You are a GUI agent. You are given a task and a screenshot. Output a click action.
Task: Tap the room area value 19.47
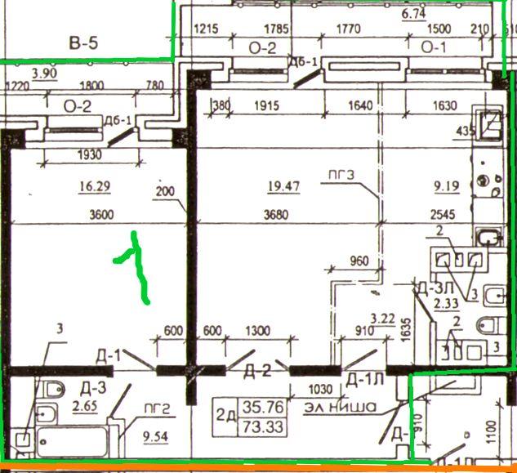pos(283,186)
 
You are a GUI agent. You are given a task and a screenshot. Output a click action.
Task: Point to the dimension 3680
pos(282,216)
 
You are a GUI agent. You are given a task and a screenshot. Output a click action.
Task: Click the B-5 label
pos(83,43)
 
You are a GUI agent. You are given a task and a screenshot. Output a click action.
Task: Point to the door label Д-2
pos(257,372)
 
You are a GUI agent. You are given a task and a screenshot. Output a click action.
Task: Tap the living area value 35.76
pos(251,407)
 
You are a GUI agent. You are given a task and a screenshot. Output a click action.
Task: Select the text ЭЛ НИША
pos(340,406)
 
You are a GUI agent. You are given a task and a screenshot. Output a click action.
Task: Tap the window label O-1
pos(434,47)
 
